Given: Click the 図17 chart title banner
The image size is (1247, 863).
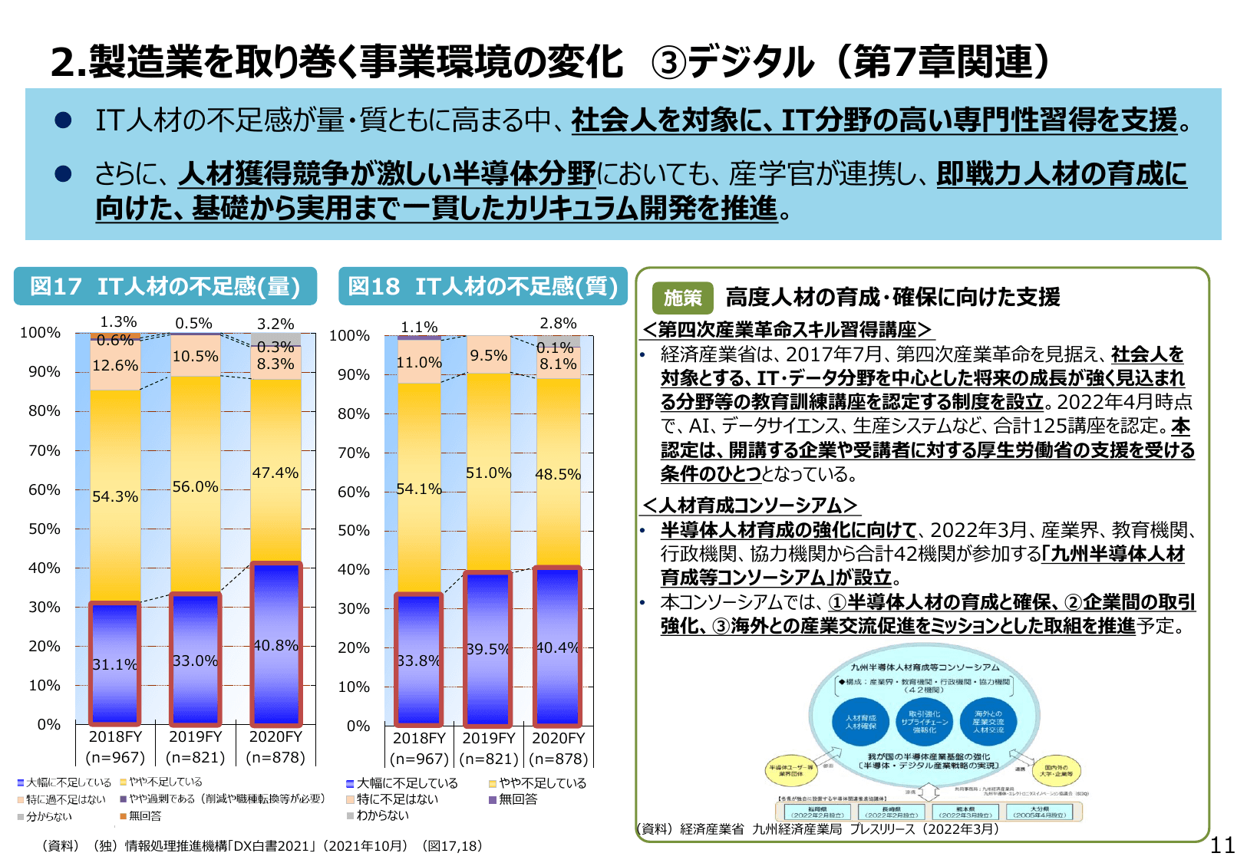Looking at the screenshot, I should coord(165,286).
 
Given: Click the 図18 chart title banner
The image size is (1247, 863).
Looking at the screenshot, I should coord(483,286).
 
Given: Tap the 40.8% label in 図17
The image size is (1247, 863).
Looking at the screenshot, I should coord(275,645).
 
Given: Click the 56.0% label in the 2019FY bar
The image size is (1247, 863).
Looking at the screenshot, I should coord(195,486).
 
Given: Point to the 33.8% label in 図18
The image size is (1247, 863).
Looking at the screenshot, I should coord(418,660).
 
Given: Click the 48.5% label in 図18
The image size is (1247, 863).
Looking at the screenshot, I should coord(558,474).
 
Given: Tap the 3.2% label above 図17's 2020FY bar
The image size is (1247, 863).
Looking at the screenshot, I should coord(275,324).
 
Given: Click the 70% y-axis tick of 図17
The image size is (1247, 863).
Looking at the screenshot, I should coord(45,450).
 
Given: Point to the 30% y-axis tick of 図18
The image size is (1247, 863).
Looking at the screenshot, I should coord(354,608).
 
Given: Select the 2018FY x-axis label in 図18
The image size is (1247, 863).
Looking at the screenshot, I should coord(419,738).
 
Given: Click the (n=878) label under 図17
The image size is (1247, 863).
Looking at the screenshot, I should coord(275,758).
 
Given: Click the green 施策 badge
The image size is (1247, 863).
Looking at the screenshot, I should coord(682,298).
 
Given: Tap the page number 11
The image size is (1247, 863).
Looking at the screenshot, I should coord(1222,845).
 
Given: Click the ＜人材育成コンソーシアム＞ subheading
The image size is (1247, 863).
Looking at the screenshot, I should coord(750,505).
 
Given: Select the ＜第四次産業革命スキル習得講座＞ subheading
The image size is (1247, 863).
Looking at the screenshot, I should coord(787,330).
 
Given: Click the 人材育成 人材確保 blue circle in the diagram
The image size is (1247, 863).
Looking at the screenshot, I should coord(860,722).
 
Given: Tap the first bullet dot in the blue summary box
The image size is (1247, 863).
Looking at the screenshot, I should coord(63,120).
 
